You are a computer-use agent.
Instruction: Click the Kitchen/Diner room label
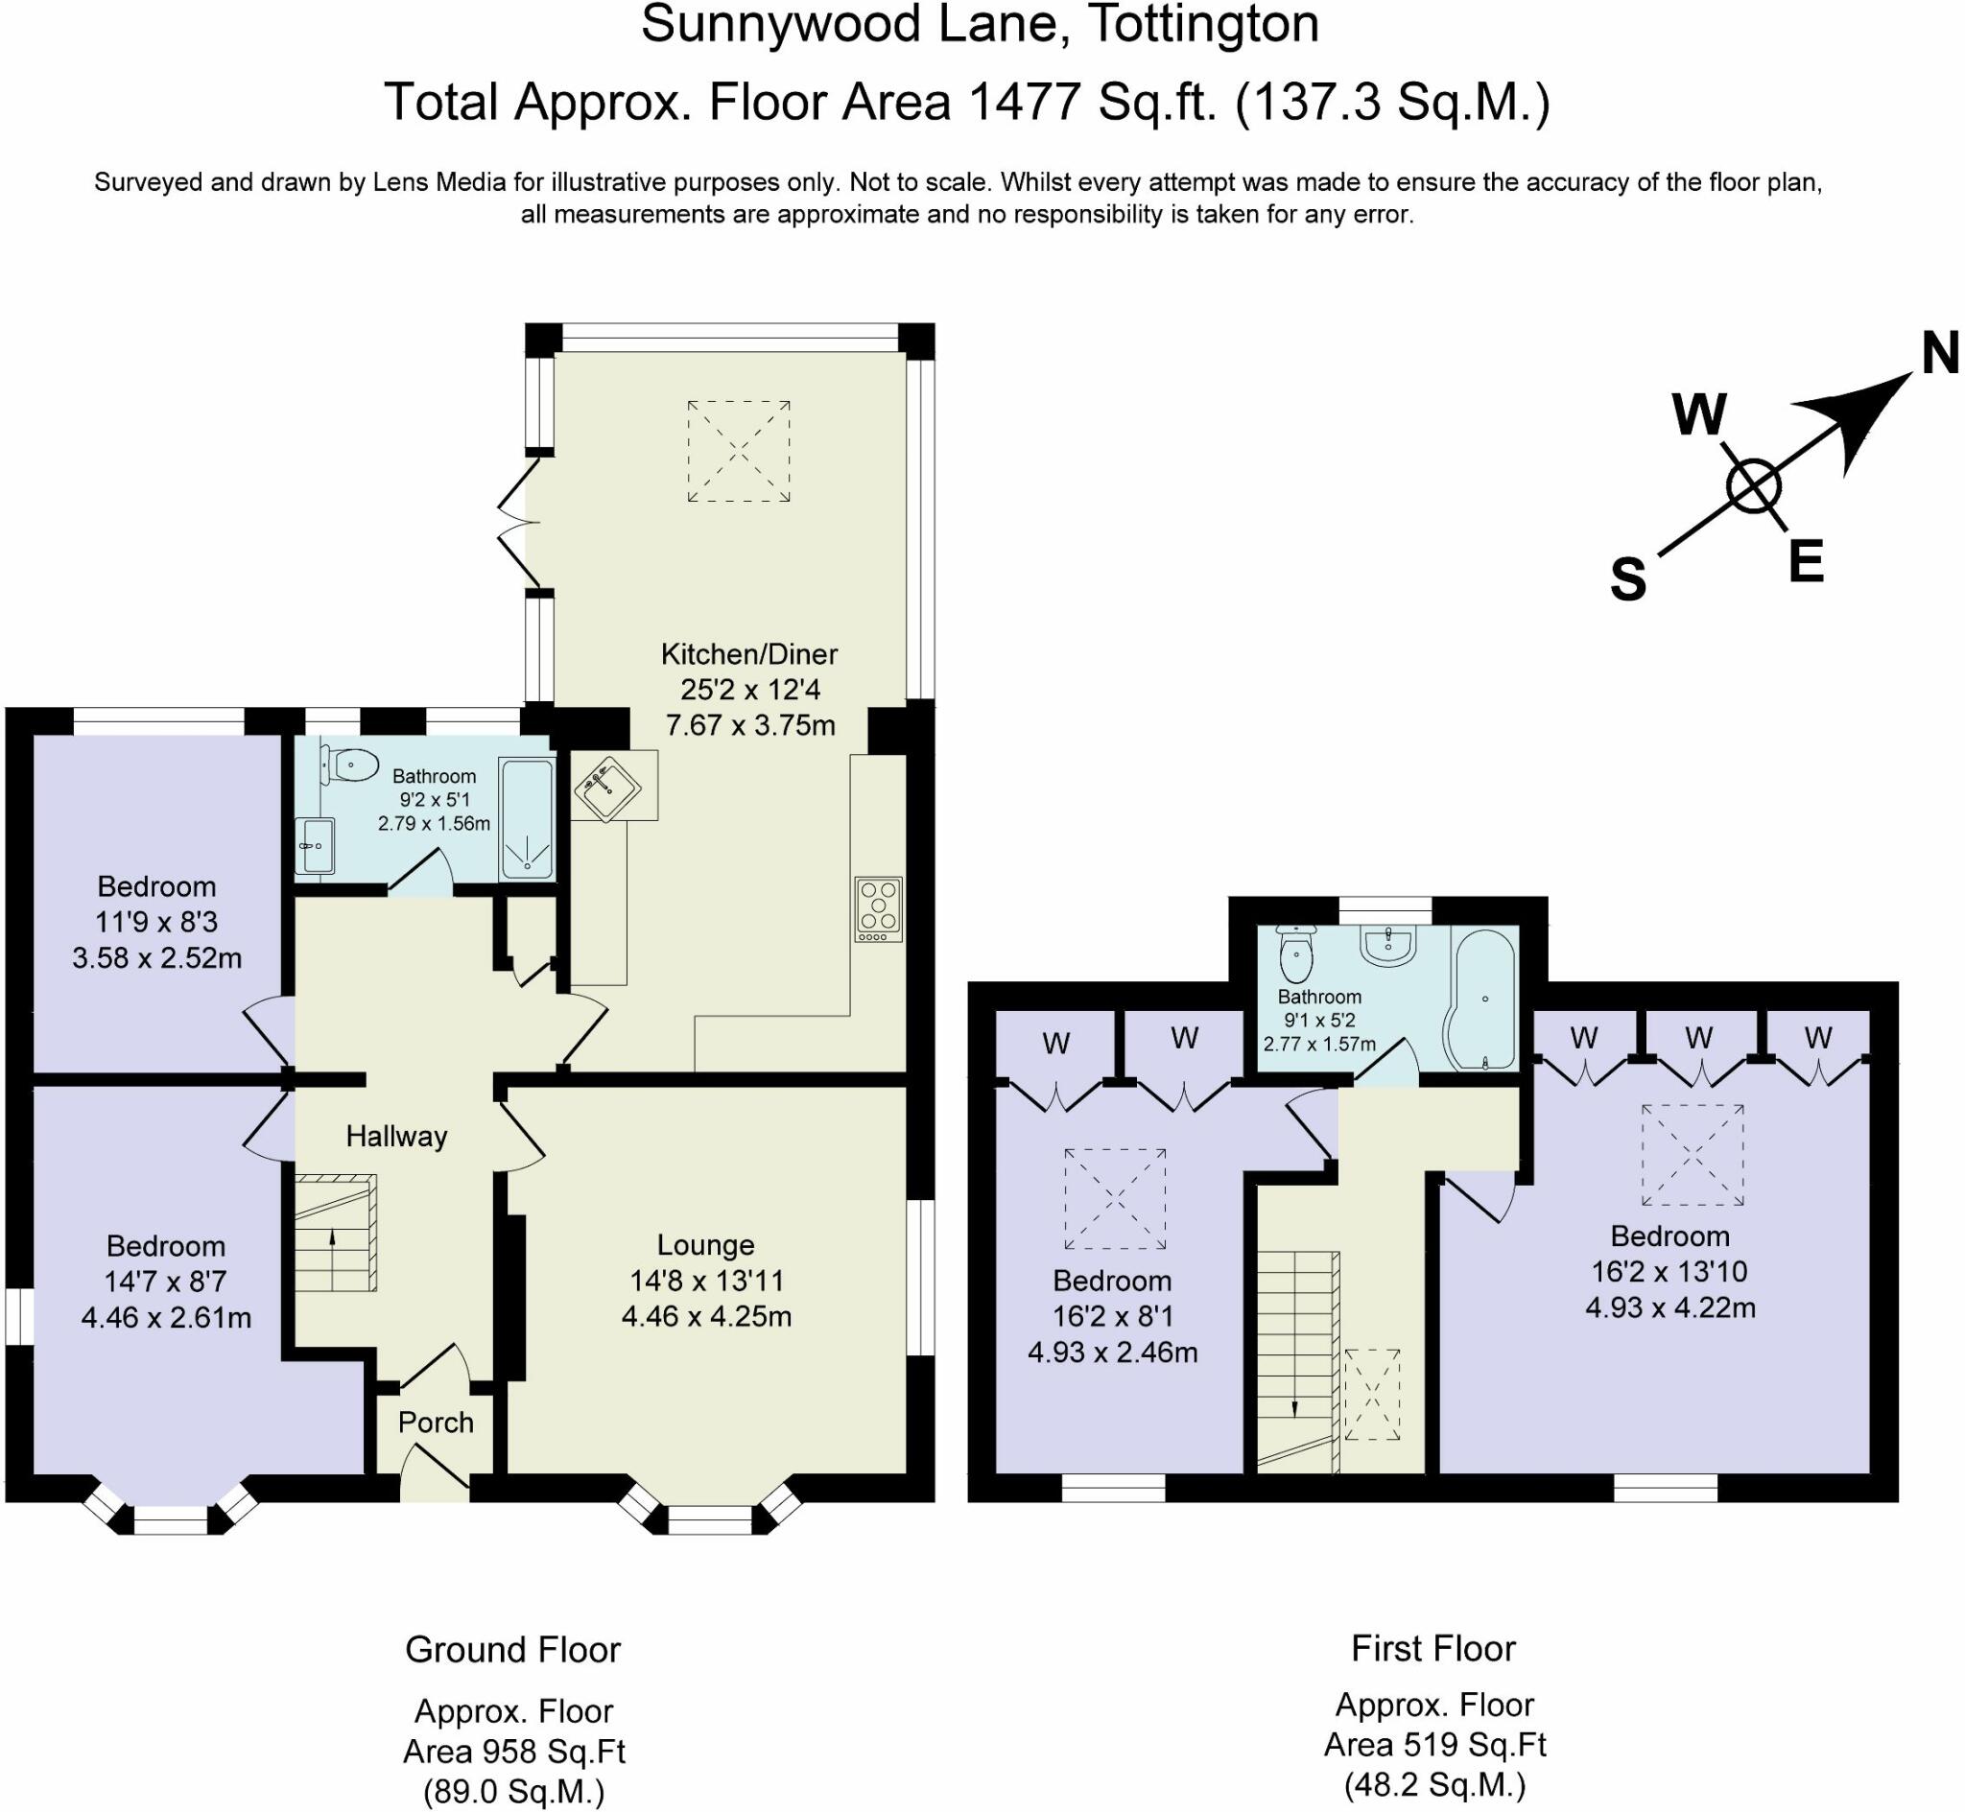pyautogui.click(x=749, y=654)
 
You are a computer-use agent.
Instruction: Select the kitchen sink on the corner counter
pyautogui.click(x=606, y=784)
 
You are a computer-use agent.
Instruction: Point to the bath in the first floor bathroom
pyautogui.click(x=1482, y=1000)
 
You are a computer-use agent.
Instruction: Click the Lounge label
pyautogui.click(x=705, y=1245)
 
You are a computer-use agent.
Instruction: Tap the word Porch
pyautogui.click(x=436, y=1423)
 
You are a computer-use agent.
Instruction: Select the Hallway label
pyautogui.click(x=396, y=1137)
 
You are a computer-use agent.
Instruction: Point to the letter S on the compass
pyautogui.click(x=1628, y=579)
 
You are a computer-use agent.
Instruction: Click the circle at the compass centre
pyautogui.click(x=1753, y=487)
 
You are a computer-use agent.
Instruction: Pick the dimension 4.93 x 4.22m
pyautogui.click(x=1669, y=1308)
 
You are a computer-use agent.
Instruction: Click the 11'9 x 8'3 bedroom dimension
pyautogui.click(x=157, y=922)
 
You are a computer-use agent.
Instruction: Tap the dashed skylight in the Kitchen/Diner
pyautogui.click(x=739, y=451)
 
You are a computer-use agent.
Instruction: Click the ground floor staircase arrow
pyautogui.click(x=332, y=1240)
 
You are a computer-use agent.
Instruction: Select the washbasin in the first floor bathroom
pyautogui.click(x=1387, y=945)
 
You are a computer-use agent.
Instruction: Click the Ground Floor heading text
pyautogui.click(x=512, y=1650)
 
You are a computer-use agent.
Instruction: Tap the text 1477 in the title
pyautogui.click(x=1025, y=101)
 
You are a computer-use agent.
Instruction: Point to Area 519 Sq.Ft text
pyautogui.click(x=1434, y=1745)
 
